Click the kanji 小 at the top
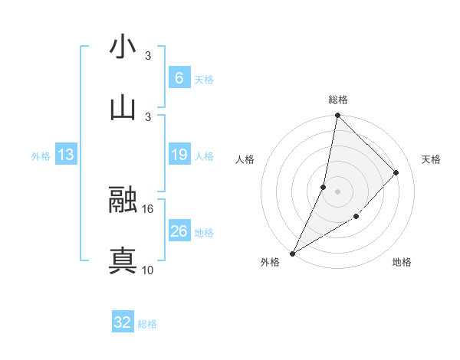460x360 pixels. pyautogui.click(x=123, y=47)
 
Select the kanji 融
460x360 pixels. pyautogui.click(x=123, y=201)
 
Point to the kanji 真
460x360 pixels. pyautogui.click(x=123, y=260)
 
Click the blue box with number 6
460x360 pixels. pyautogui.click(x=179, y=77)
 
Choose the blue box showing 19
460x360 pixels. pyautogui.click(x=179, y=155)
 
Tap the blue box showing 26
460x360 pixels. pyautogui.click(x=179, y=231)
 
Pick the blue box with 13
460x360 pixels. pyautogui.click(x=66, y=155)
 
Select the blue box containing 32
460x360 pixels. pyautogui.click(x=123, y=322)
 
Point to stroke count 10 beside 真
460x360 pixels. pyautogui.click(x=148, y=270)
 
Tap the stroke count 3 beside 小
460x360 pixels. pyautogui.click(x=148, y=56)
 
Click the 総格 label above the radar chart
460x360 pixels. pyautogui.click(x=337, y=100)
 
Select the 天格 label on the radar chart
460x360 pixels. pyautogui.click(x=431, y=159)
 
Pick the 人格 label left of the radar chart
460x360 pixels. pyautogui.click(x=245, y=159)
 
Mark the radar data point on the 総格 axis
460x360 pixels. pyautogui.click(x=337, y=116)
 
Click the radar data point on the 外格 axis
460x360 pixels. pyautogui.click(x=292, y=253)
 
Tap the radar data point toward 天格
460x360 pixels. pyautogui.click(x=396, y=172)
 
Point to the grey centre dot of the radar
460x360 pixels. pyautogui.click(x=337, y=191)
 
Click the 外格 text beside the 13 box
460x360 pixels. pyautogui.click(x=41, y=155)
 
